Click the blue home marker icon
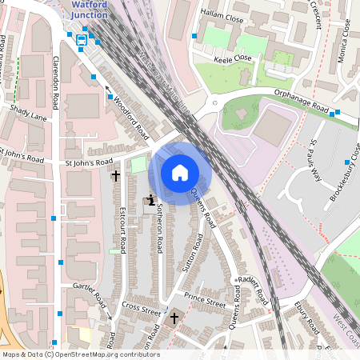tap(180, 172)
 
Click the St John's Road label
tap(90, 162)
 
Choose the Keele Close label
tap(233, 58)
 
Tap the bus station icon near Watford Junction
tap(82, 40)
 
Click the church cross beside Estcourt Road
tap(115, 174)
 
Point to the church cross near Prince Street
tap(174, 318)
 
